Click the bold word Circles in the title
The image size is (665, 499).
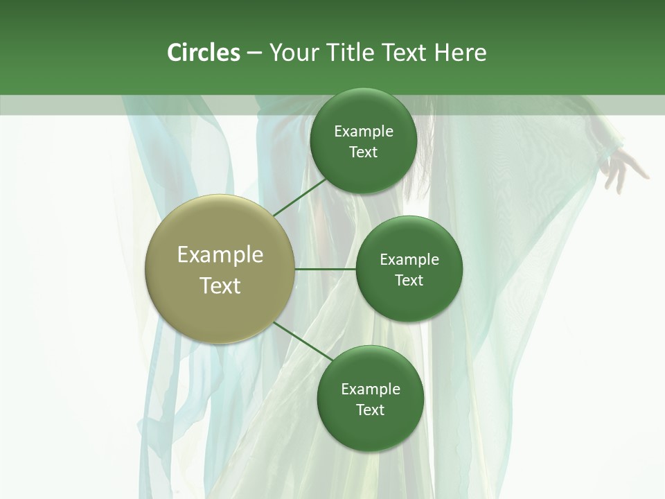[204, 53]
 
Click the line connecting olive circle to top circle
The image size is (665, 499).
[299, 197]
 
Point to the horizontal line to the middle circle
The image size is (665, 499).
[326, 269]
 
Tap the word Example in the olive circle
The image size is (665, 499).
[220, 255]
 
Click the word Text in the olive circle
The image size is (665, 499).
[220, 286]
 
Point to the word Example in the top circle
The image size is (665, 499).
[364, 132]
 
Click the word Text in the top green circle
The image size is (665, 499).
[363, 152]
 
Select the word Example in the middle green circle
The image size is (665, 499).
[409, 260]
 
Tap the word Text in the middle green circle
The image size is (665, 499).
[409, 281]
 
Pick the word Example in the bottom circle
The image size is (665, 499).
[371, 389]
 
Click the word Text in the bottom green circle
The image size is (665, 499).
[370, 410]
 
